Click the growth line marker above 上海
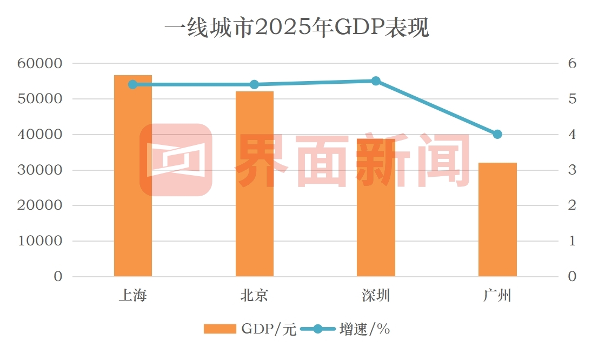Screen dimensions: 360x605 click(133, 84)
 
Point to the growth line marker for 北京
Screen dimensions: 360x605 click(254, 84)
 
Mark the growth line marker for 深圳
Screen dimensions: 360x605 click(376, 81)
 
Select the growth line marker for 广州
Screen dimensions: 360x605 click(497, 134)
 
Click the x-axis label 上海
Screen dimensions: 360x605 click(133, 296)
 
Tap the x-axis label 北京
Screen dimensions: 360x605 click(254, 296)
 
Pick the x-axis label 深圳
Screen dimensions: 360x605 click(376, 296)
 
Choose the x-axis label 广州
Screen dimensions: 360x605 click(497, 296)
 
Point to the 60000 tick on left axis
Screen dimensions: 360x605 click(39, 64)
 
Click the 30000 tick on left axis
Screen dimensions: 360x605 click(39, 170)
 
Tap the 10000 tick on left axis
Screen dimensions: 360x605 click(39, 241)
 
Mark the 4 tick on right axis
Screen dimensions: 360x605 click(572, 135)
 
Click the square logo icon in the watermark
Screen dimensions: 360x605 click(176, 159)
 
